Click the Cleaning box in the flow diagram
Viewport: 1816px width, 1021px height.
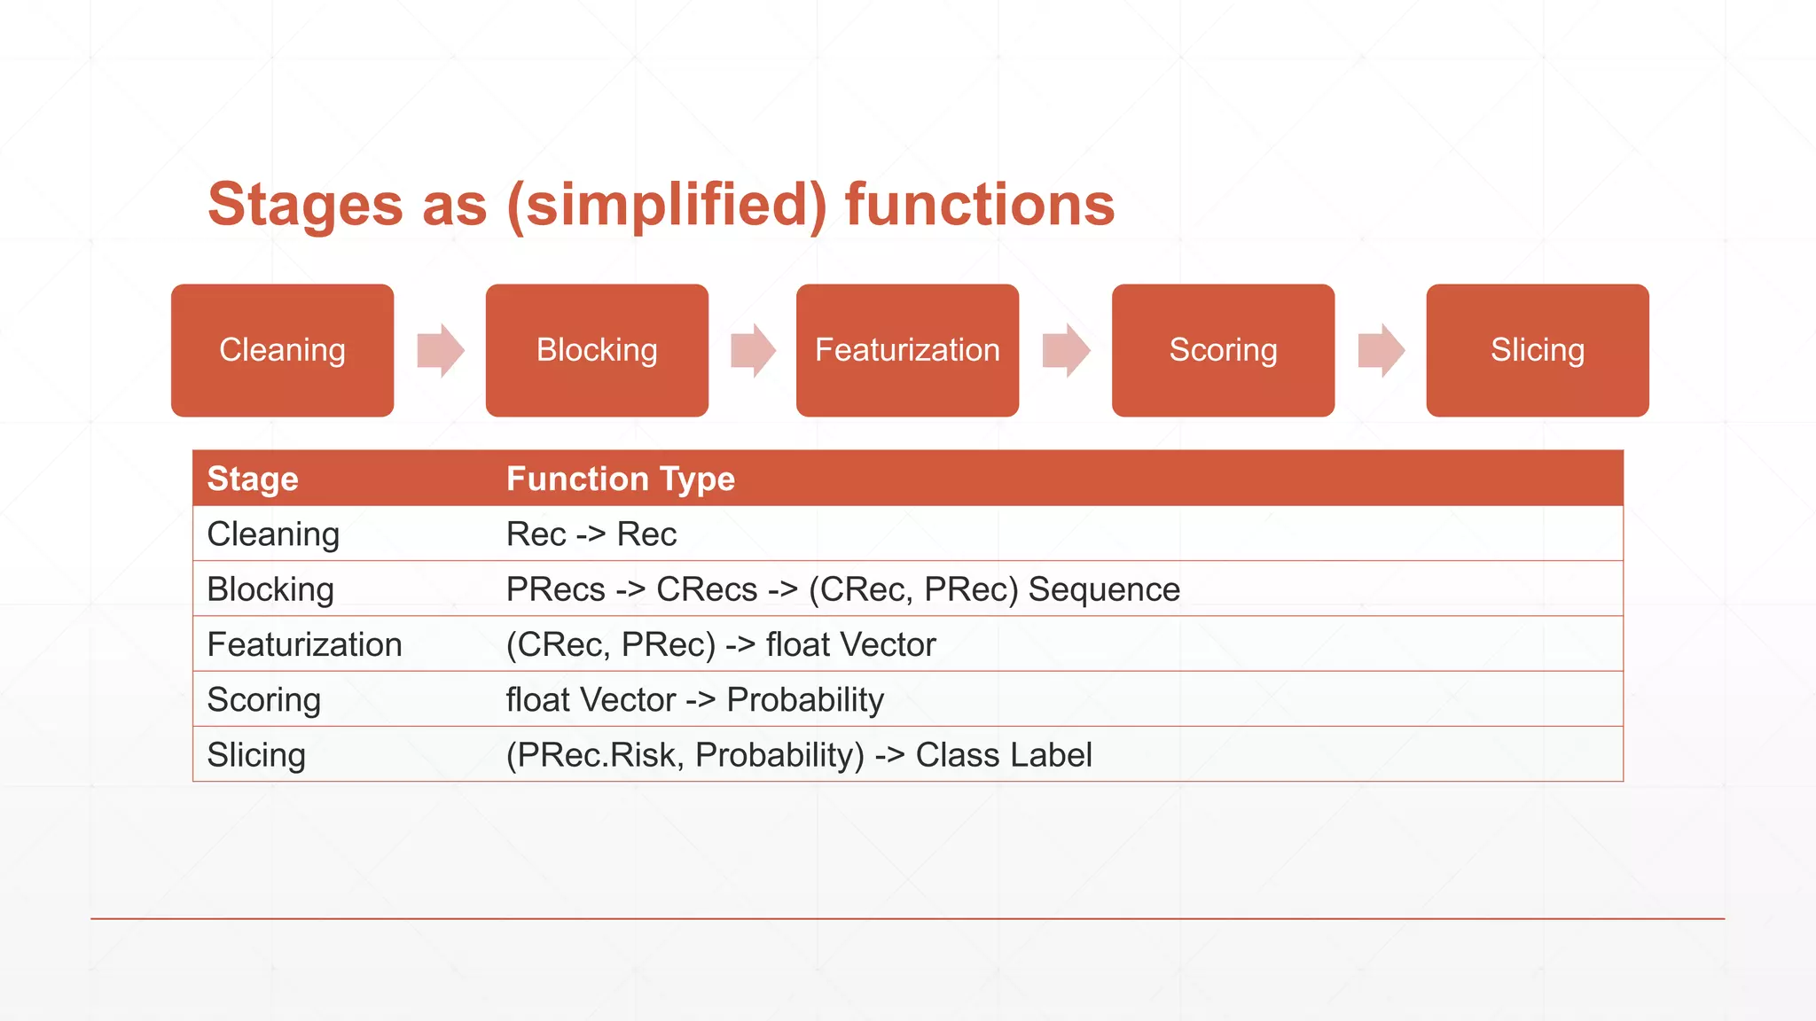(x=282, y=350)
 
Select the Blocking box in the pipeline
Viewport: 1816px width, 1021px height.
(x=597, y=350)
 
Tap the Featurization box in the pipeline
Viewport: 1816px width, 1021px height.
(x=907, y=350)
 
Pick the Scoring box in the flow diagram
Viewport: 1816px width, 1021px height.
(x=1223, y=350)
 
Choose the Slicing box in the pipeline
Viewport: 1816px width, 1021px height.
(x=1537, y=350)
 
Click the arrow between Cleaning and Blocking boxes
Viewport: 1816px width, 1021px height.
(x=441, y=350)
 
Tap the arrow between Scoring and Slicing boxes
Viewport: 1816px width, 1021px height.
(x=1382, y=350)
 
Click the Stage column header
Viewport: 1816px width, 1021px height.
(x=253, y=479)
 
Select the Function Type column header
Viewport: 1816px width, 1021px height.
(x=620, y=479)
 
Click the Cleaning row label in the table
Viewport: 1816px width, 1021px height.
(x=273, y=534)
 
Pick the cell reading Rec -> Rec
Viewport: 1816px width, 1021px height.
(x=591, y=534)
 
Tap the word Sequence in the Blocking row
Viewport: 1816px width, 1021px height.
(x=1104, y=589)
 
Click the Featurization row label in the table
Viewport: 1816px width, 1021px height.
(x=304, y=644)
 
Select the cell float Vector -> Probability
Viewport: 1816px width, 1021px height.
(x=694, y=700)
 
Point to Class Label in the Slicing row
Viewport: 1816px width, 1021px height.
(x=1003, y=755)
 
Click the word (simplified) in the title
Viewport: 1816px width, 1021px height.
(x=666, y=205)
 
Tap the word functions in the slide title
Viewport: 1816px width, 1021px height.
(x=979, y=205)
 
